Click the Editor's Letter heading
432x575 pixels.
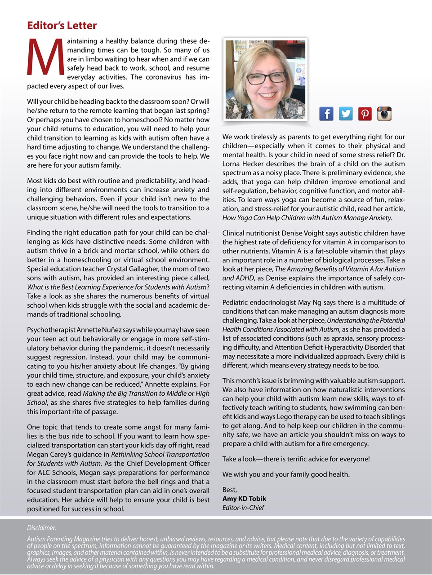(62, 26)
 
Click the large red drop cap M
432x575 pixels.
(45, 57)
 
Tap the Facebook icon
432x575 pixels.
(326, 114)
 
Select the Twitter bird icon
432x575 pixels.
(345, 114)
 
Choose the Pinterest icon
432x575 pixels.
(365, 114)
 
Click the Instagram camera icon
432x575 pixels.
(384, 114)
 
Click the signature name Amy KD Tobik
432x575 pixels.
(244, 499)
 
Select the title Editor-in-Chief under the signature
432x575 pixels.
(243, 508)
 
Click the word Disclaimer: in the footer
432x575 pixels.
(42, 528)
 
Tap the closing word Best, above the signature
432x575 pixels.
(229, 490)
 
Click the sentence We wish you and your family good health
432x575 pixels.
(285, 474)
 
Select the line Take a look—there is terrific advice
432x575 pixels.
(296, 459)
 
